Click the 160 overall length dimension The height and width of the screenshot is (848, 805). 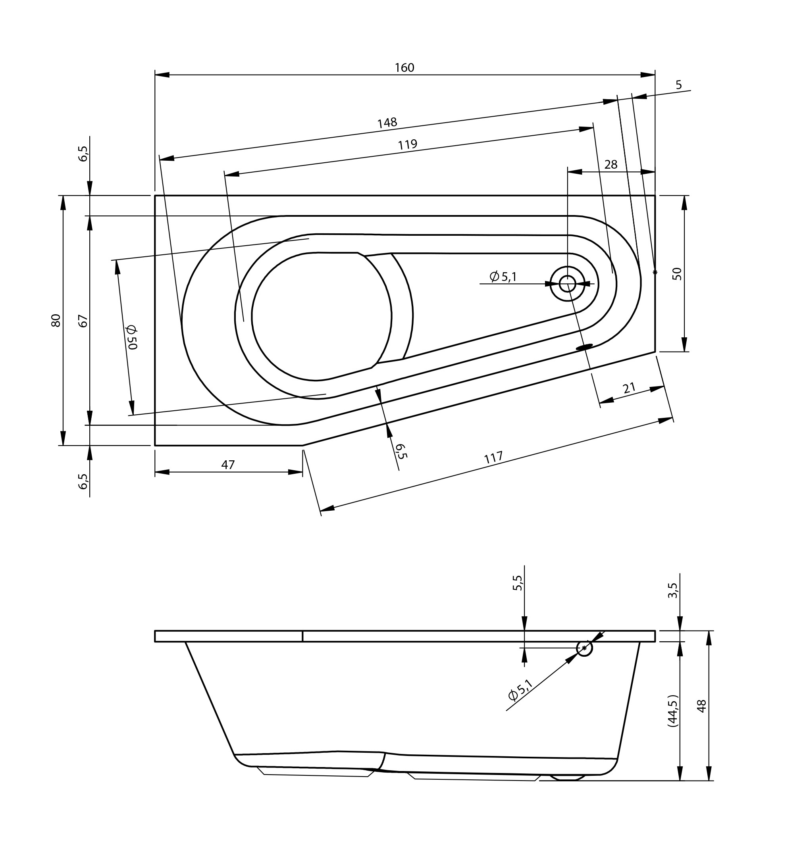(x=404, y=68)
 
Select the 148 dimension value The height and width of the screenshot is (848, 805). (x=387, y=123)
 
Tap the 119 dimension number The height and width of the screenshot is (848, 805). (x=407, y=144)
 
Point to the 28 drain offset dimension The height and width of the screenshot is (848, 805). (x=610, y=164)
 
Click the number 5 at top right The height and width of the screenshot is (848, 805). (x=678, y=85)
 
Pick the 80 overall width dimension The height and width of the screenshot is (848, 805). (x=56, y=320)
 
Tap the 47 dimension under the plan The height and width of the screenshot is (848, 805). (x=228, y=465)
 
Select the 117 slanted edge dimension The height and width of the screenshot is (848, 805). (x=493, y=458)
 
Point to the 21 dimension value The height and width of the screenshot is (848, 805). (x=629, y=388)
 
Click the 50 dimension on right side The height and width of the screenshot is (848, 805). (x=677, y=274)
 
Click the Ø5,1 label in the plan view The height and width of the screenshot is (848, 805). (x=503, y=277)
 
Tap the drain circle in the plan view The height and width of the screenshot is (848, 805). (x=567, y=283)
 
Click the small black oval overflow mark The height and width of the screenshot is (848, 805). (x=584, y=346)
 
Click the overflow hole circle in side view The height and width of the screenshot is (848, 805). (x=584, y=648)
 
